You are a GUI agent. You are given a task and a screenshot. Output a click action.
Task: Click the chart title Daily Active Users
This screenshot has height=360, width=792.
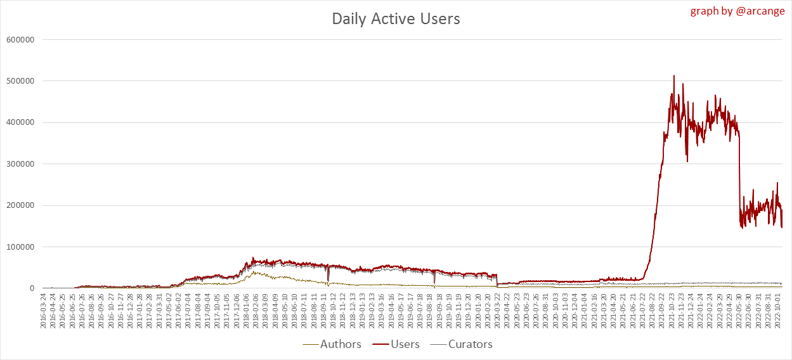point(396,19)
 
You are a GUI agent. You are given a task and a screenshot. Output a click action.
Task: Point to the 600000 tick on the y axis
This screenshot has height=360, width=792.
point(20,39)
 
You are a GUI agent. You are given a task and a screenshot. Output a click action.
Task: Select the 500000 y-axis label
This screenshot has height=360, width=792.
point(20,81)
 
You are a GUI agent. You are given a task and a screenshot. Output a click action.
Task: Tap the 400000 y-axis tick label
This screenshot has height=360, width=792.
point(20,122)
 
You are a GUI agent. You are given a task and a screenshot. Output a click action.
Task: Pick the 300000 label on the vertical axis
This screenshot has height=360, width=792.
point(20,164)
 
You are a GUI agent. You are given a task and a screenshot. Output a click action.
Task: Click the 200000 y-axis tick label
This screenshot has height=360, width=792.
point(20,205)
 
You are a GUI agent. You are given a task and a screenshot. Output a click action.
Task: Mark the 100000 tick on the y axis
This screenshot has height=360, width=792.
point(20,247)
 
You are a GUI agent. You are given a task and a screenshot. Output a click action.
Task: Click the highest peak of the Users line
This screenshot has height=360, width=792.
point(673,75)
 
